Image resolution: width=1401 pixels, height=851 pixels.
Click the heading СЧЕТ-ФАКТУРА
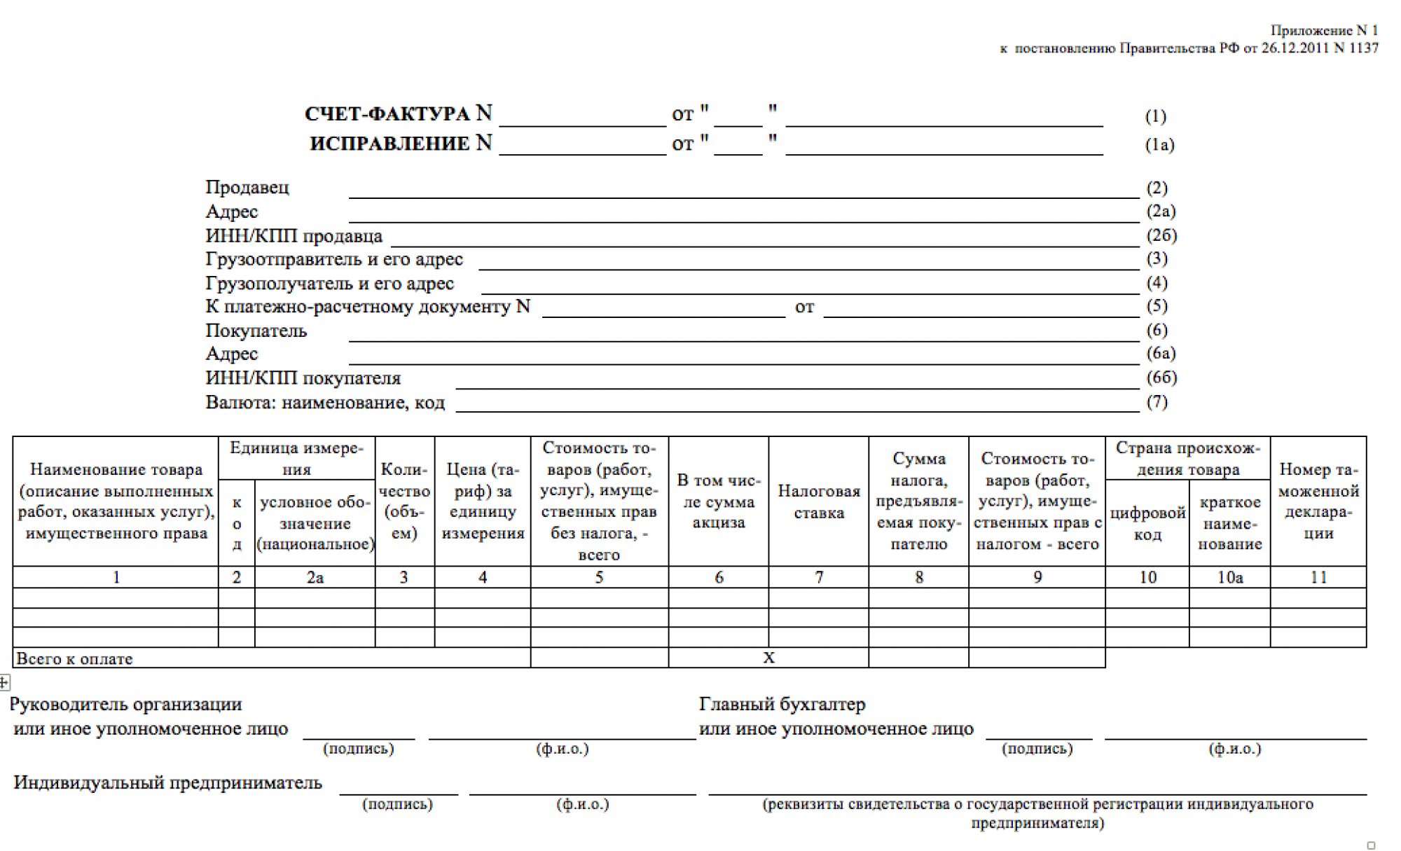pyautogui.click(x=387, y=113)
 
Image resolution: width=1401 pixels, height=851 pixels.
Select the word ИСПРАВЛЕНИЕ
pyautogui.click(x=389, y=144)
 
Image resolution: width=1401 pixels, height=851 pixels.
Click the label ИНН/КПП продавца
pyautogui.click(x=294, y=236)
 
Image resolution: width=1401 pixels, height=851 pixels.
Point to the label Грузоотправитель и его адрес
pyautogui.click(x=333, y=260)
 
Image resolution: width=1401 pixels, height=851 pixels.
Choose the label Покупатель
pyautogui.click(x=256, y=331)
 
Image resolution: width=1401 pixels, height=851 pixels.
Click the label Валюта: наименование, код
pyautogui.click(x=324, y=403)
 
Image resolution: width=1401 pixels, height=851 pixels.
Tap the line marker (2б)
pyautogui.click(x=1161, y=235)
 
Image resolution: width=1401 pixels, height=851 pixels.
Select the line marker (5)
pyautogui.click(x=1157, y=306)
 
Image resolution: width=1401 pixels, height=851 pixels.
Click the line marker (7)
pyautogui.click(x=1157, y=402)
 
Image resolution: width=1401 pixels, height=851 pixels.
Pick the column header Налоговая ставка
pyautogui.click(x=818, y=501)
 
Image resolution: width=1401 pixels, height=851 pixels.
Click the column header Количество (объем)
pyautogui.click(x=404, y=501)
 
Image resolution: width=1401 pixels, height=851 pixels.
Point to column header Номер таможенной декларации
pyautogui.click(x=1318, y=501)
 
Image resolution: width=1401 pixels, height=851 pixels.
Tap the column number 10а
pyautogui.click(x=1229, y=577)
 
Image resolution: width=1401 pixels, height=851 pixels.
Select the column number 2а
pyautogui.click(x=315, y=577)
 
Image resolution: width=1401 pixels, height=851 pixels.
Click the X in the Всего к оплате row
pyautogui.click(x=768, y=658)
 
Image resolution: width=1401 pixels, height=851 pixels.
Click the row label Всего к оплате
pyautogui.click(x=74, y=658)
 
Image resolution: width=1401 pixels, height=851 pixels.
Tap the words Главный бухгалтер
pyautogui.click(x=782, y=704)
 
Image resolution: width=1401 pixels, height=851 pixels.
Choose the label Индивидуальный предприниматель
pyautogui.click(x=167, y=782)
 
